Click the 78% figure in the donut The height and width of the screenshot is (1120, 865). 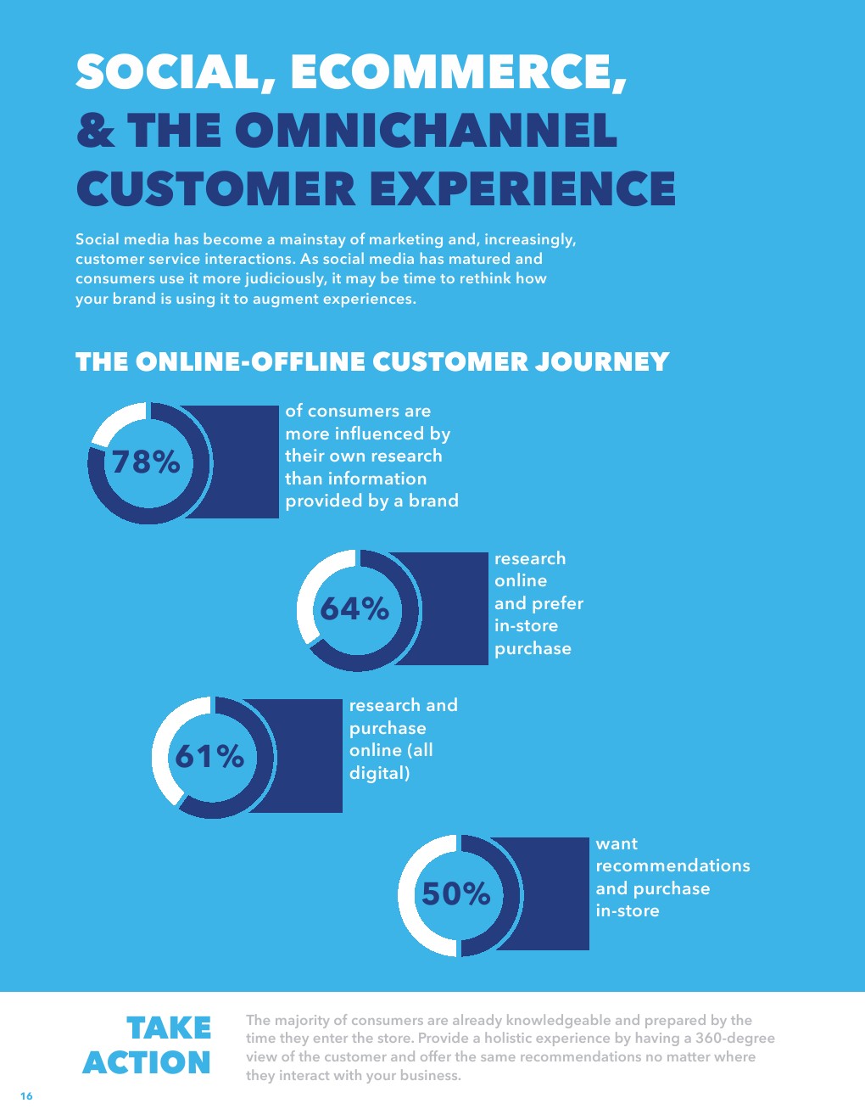click(146, 462)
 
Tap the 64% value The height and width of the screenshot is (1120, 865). click(354, 609)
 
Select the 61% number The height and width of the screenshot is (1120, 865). click(209, 757)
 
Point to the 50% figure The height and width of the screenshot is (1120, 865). click(455, 893)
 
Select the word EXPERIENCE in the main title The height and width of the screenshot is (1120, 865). click(522, 188)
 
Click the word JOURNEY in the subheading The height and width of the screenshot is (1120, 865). click(602, 361)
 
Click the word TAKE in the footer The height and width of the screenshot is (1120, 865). click(169, 1028)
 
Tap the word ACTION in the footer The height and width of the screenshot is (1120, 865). click(147, 1063)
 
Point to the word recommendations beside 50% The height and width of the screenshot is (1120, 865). click(672, 865)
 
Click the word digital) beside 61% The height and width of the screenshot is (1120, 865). click(379, 773)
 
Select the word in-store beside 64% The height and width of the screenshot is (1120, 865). click(526, 625)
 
